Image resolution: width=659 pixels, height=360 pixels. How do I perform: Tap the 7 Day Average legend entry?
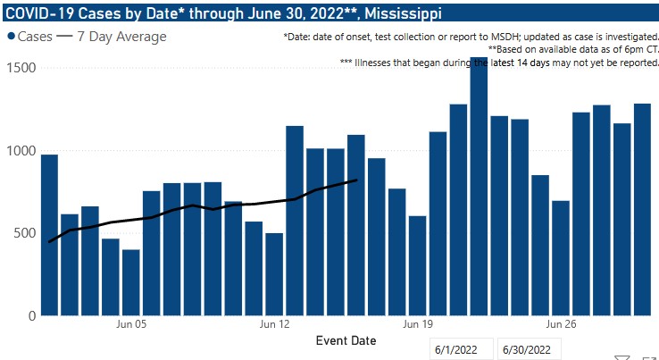113,37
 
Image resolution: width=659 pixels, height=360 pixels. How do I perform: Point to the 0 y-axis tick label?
29,315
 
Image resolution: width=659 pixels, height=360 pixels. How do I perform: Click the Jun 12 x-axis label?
274,324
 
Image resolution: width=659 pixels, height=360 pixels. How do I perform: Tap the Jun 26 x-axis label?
561,324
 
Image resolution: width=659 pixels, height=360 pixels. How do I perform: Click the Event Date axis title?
346,340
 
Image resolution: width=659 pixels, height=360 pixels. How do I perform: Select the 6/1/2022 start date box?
460,349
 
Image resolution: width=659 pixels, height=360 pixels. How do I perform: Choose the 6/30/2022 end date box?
530,349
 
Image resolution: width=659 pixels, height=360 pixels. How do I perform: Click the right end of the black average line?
356,180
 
